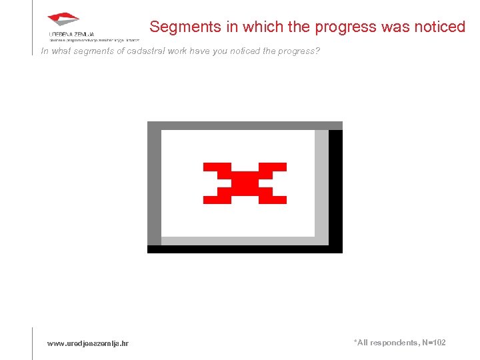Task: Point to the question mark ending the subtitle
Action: [x=317, y=51]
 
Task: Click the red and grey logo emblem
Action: [x=63, y=19]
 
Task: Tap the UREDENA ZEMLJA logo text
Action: [x=71, y=34]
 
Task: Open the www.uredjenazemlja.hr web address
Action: [x=88, y=343]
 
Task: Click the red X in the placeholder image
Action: [x=245, y=183]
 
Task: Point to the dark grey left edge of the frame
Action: [x=154, y=187]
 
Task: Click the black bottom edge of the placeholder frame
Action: [x=245, y=249]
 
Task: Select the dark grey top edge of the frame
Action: [x=245, y=125]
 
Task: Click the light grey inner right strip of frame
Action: [x=321, y=183]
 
